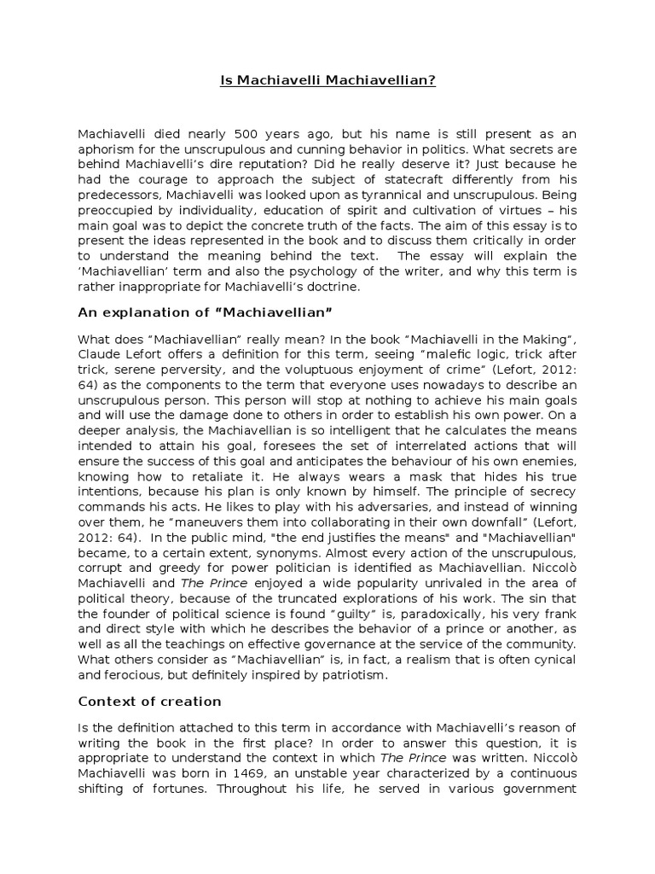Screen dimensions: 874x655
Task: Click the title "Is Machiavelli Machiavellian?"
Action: (327, 81)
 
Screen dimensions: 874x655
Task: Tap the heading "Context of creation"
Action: (150, 702)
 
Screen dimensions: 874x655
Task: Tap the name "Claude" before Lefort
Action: (101, 353)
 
